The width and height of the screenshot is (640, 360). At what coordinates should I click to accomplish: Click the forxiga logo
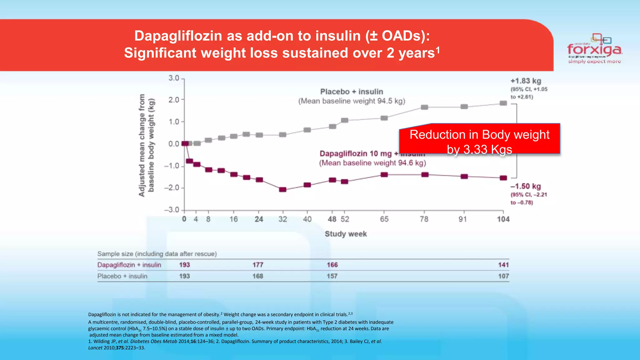(595, 49)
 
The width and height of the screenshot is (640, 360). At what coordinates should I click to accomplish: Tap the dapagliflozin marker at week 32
(282, 189)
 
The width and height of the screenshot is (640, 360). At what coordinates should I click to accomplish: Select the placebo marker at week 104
(503, 103)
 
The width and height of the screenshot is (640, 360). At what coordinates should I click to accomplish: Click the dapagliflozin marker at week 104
(503, 178)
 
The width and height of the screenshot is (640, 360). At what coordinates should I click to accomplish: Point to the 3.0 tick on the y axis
(174, 78)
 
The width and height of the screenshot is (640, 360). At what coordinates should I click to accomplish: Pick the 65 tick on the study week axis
(384, 219)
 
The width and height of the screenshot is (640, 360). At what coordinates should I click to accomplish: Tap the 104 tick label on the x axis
(503, 219)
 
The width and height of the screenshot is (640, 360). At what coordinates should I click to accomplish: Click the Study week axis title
(346, 234)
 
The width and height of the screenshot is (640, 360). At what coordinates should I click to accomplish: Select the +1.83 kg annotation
(526, 81)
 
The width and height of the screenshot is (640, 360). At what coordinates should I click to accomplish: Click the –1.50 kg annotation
(526, 186)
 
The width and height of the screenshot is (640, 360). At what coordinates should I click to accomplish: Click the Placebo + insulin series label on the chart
(352, 92)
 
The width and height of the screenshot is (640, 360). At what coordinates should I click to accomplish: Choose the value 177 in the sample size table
(258, 265)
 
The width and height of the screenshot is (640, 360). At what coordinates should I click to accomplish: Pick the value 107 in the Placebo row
(503, 276)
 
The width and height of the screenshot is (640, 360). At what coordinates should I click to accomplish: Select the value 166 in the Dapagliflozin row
(332, 265)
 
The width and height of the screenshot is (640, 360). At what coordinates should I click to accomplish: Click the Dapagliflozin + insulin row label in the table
(129, 265)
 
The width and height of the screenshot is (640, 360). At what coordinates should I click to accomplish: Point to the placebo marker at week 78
(424, 107)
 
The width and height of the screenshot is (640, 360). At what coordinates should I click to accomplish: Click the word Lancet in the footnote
(95, 348)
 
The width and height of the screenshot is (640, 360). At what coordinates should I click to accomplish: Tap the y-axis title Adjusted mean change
(142, 145)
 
